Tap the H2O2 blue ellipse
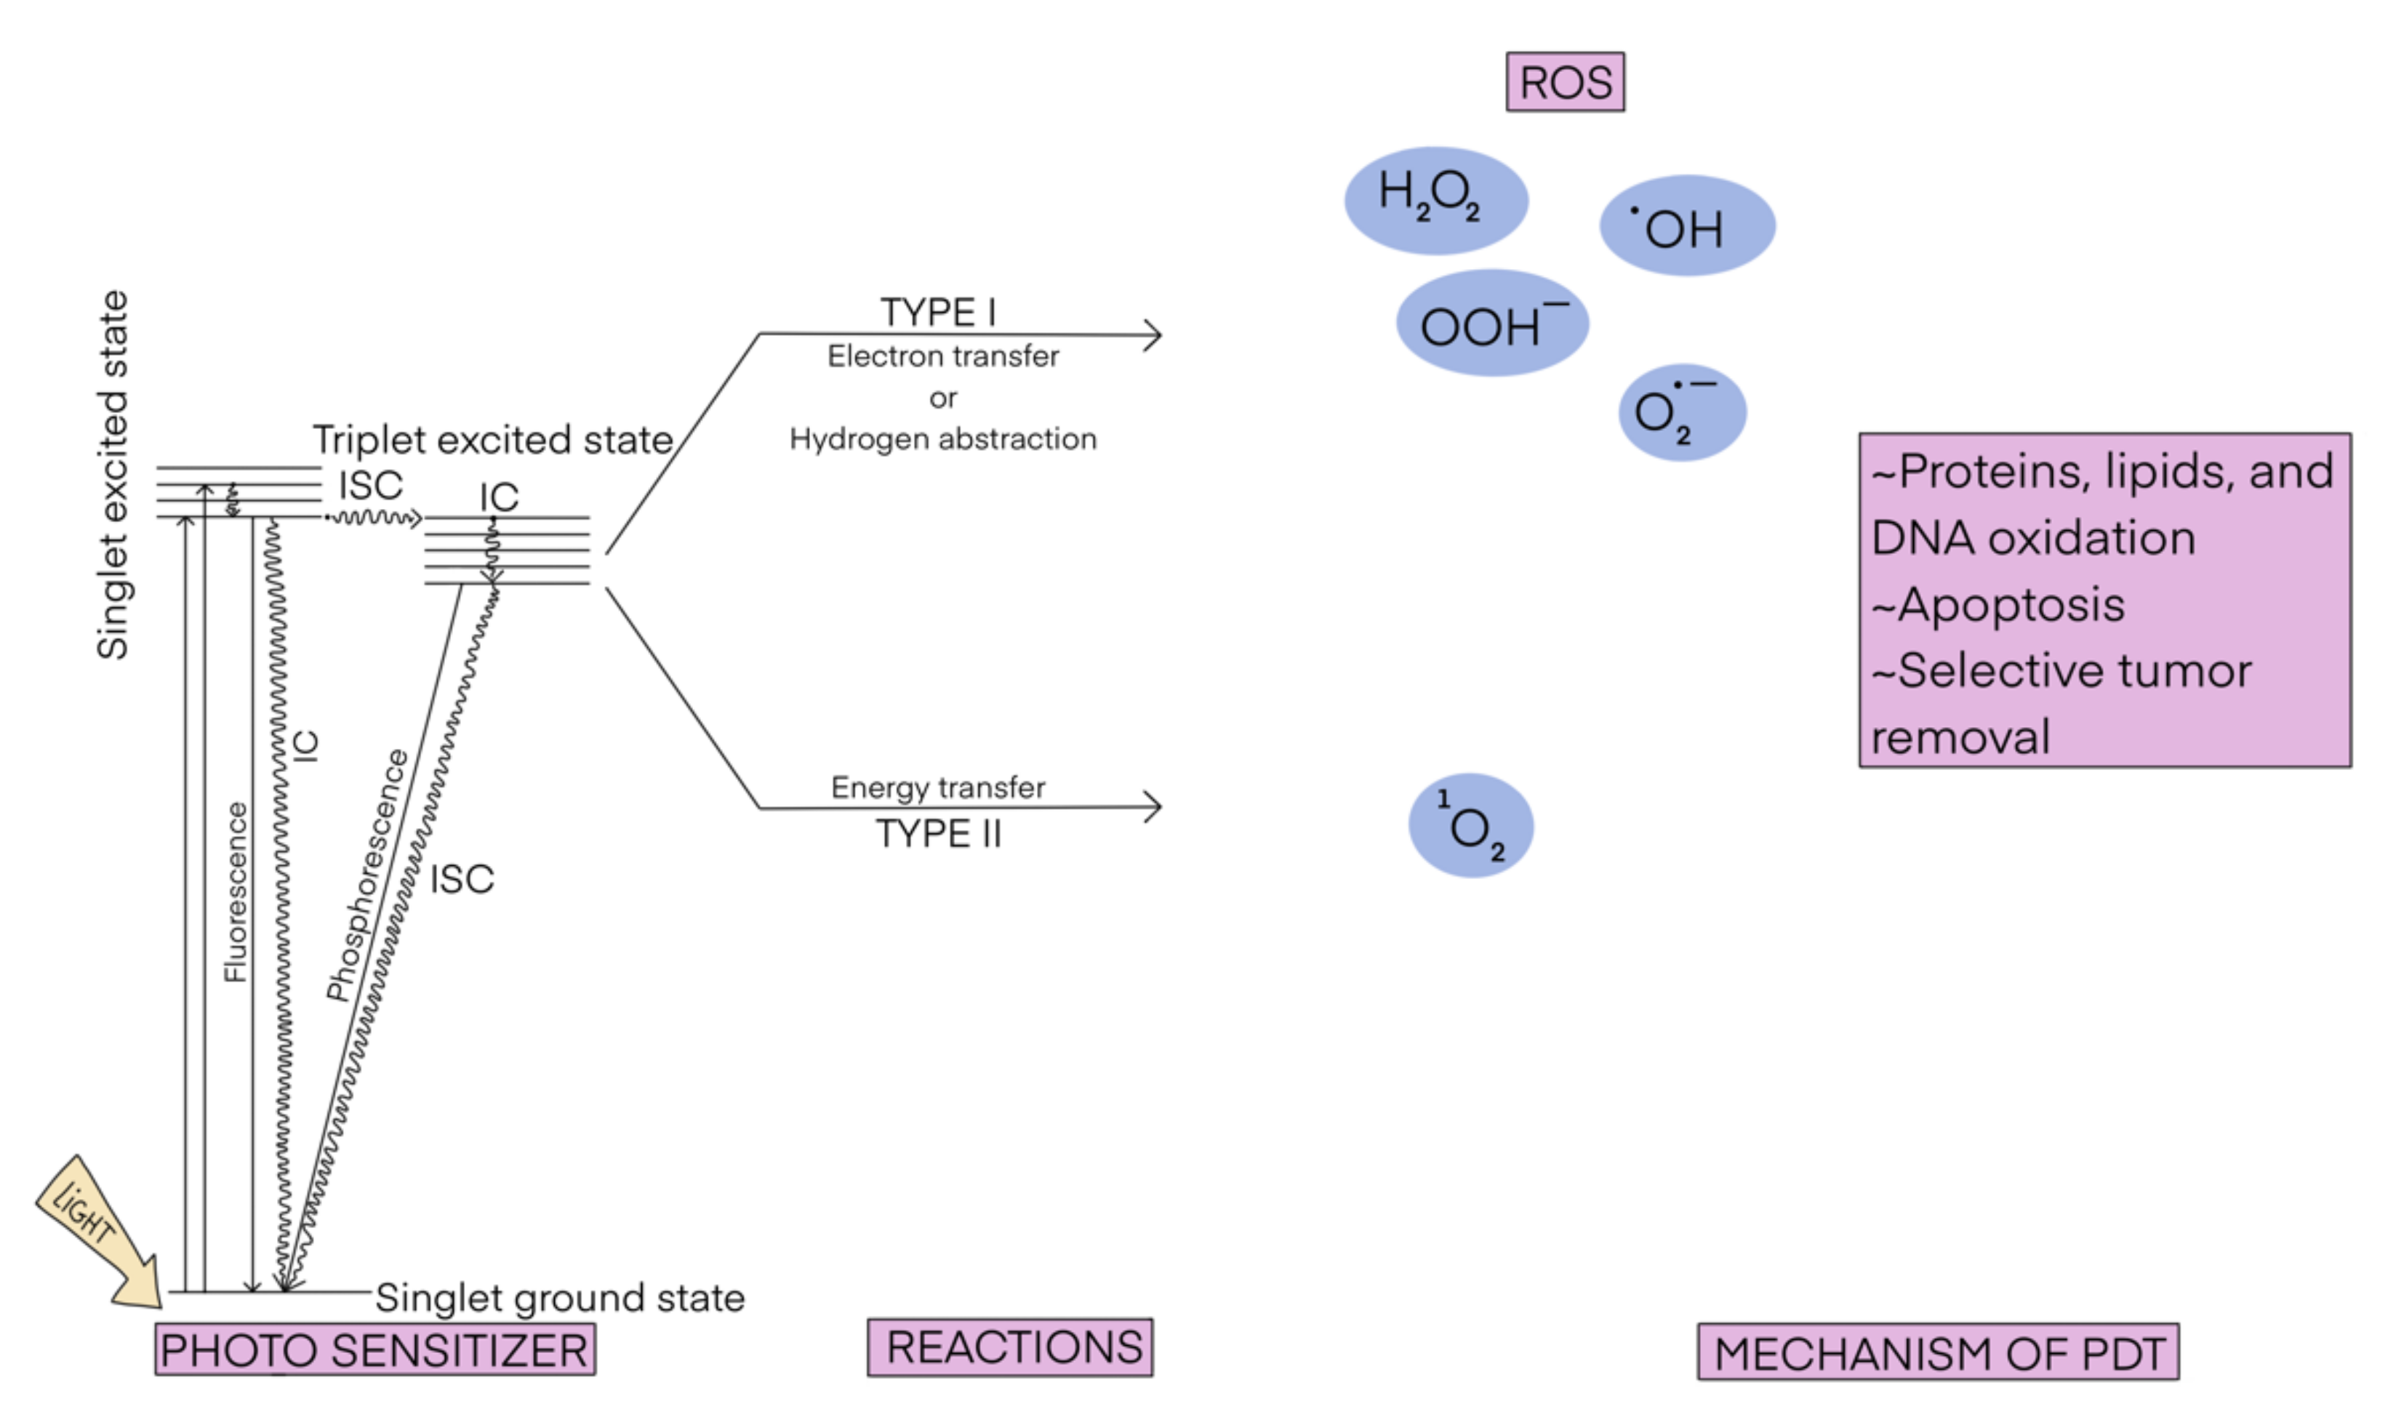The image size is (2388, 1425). pyautogui.click(x=1435, y=200)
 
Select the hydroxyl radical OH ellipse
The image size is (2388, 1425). pyautogui.click(x=1686, y=225)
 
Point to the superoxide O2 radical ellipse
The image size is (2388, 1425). pyautogui.click(x=1681, y=413)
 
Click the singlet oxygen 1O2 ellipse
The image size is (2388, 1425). pyautogui.click(x=1470, y=826)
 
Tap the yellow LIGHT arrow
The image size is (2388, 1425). pyautogui.click(x=96, y=1229)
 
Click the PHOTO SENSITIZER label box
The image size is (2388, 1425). pyautogui.click(x=374, y=1349)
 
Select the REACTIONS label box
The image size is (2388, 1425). pyautogui.click(x=1010, y=1347)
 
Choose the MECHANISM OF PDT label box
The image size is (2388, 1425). pyautogui.click(x=1938, y=1352)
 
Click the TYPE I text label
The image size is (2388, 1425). pyautogui.click(x=938, y=312)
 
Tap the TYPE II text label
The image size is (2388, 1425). pyautogui.click(x=938, y=833)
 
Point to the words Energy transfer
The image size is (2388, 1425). pyautogui.click(x=937, y=787)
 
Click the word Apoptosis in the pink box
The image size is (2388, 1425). pyautogui.click(x=2011, y=605)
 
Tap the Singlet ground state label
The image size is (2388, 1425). pyautogui.click(x=560, y=1297)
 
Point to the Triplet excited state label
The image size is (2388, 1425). pyautogui.click(x=492, y=440)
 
